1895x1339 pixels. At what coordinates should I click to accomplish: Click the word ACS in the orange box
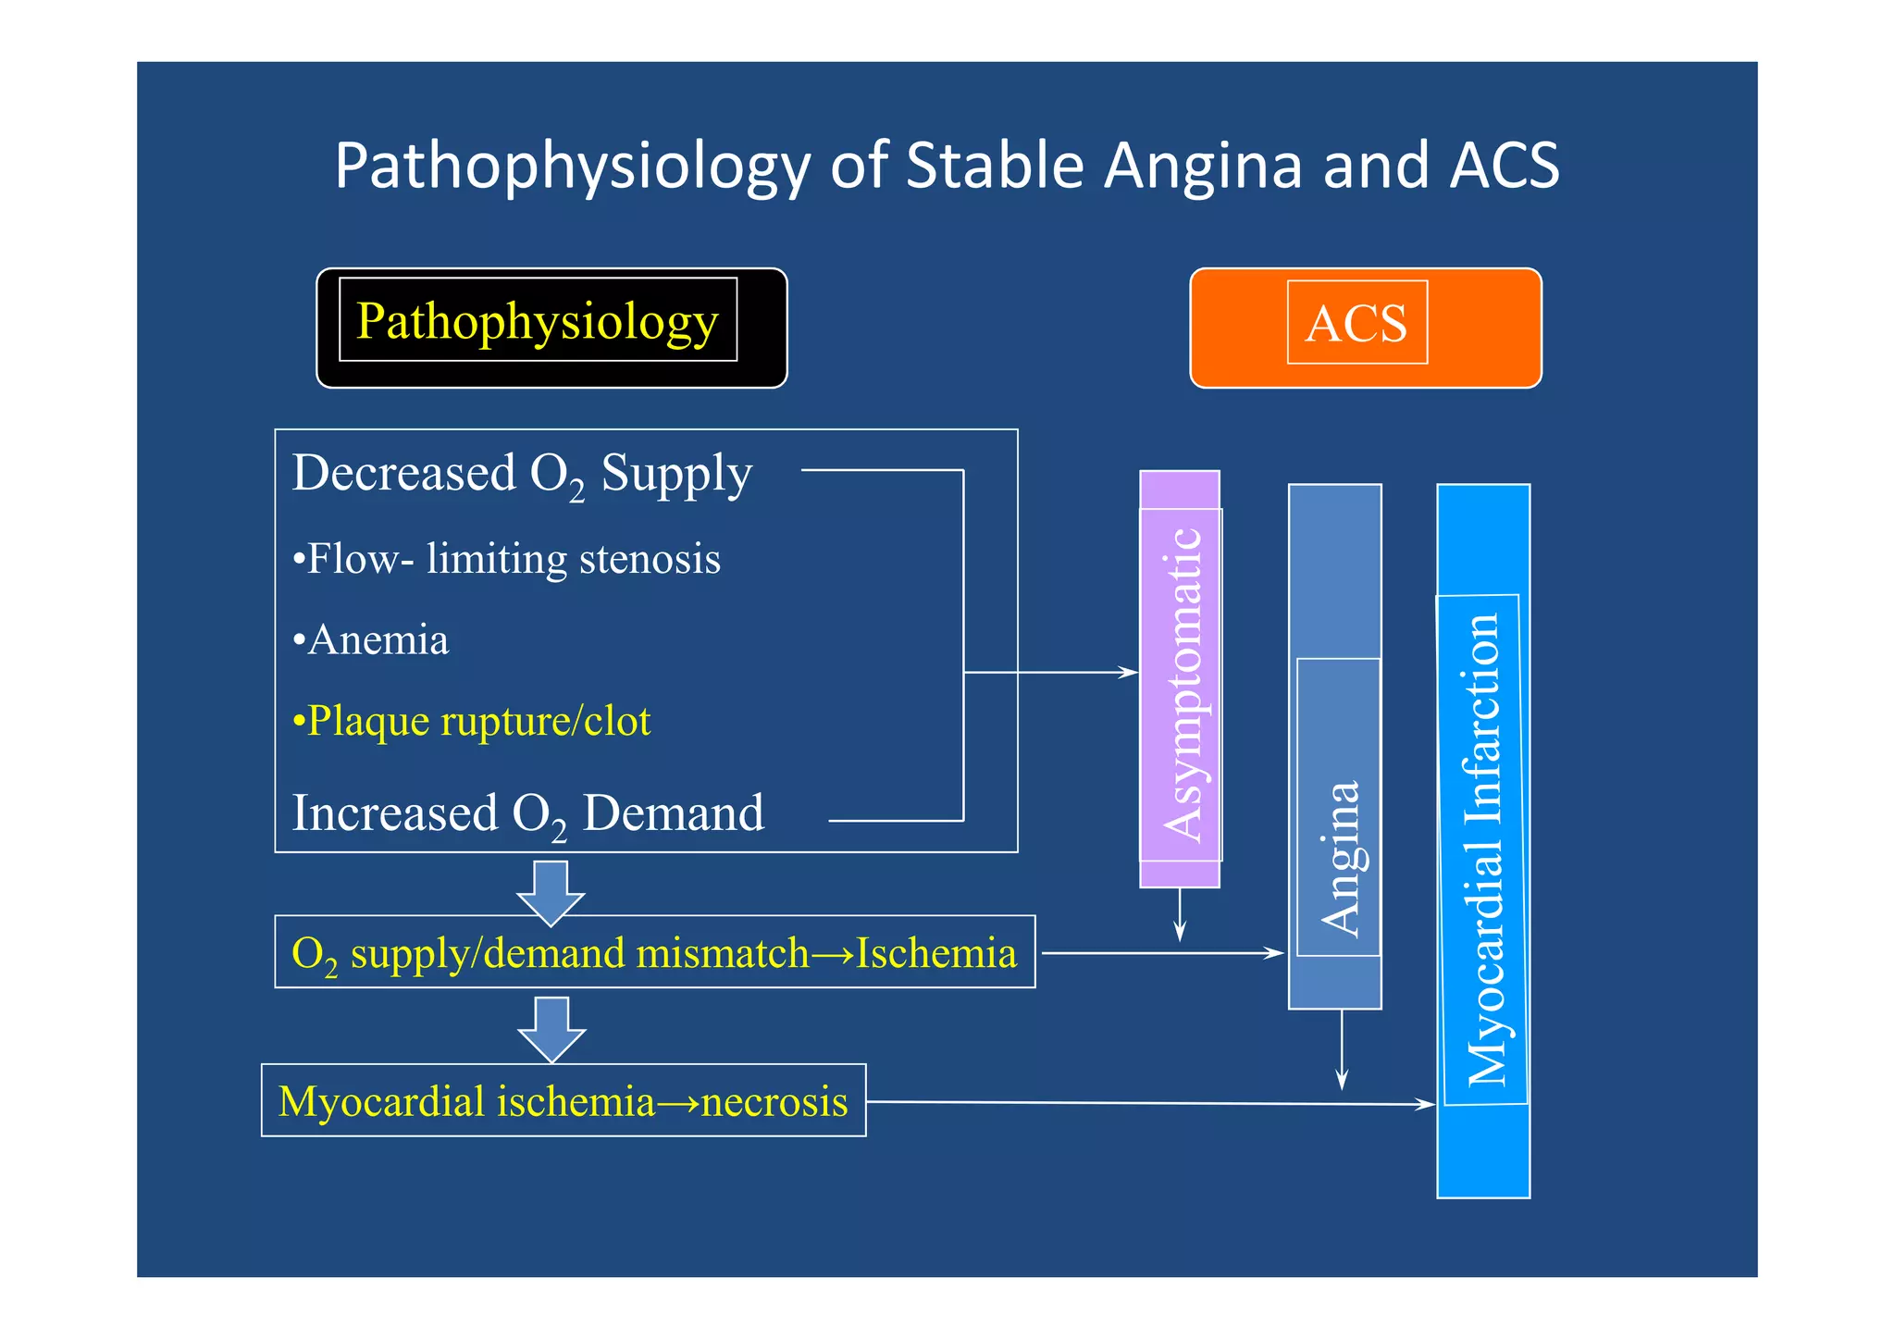pyautogui.click(x=1356, y=324)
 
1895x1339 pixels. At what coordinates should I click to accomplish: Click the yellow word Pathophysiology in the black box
pyautogui.click(x=537, y=321)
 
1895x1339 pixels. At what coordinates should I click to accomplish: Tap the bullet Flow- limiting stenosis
pyautogui.click(x=506, y=559)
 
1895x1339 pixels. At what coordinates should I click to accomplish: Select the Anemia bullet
pyautogui.click(x=371, y=640)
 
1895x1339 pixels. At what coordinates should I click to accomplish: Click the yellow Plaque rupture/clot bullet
pyautogui.click(x=471, y=721)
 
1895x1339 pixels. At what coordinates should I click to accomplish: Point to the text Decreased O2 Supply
pyautogui.click(x=522, y=474)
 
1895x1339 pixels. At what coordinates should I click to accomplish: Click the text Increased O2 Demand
pyautogui.click(x=527, y=814)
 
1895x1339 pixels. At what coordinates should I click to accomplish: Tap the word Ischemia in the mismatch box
pyautogui.click(x=935, y=953)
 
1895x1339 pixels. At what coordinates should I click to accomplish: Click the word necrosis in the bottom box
pyautogui.click(x=774, y=1102)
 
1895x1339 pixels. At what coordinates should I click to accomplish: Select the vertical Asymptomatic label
pyautogui.click(x=1182, y=685)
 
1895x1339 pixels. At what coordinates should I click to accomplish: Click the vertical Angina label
pyautogui.click(x=1339, y=856)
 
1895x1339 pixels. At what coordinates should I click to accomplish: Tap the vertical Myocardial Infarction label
pyautogui.click(x=1483, y=849)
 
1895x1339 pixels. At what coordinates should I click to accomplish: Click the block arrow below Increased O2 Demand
pyautogui.click(x=551, y=892)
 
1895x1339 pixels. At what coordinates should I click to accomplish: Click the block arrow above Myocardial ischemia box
pyautogui.click(x=551, y=1029)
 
